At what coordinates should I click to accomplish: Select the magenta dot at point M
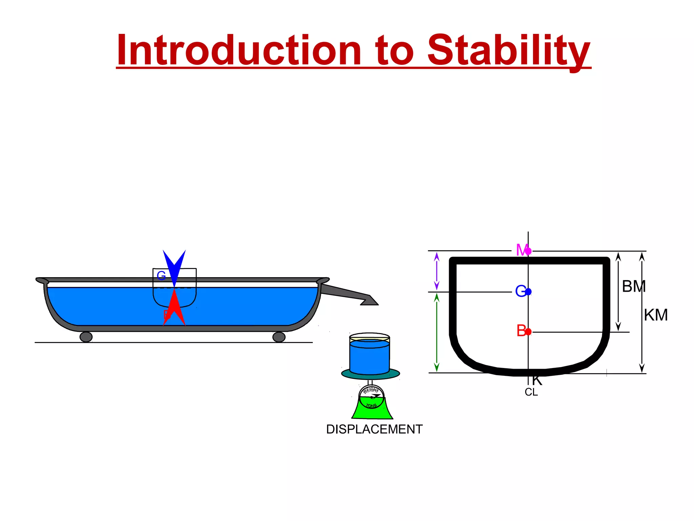click(528, 251)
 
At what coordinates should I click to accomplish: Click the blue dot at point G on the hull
click(528, 291)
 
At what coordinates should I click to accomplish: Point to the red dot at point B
click(528, 331)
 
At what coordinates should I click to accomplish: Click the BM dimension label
click(634, 287)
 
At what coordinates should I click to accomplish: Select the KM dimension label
click(656, 315)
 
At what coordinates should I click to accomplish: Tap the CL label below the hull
click(531, 392)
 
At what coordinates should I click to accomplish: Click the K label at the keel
click(537, 381)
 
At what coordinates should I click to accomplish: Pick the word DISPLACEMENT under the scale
click(374, 429)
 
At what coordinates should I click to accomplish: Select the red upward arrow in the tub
click(174, 309)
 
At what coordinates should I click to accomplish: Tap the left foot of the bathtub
click(86, 337)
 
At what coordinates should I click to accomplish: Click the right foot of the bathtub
click(279, 337)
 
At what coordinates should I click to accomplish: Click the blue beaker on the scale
click(369, 356)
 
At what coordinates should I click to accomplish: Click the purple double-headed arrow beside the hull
click(437, 271)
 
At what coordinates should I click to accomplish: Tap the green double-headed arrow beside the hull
click(437, 332)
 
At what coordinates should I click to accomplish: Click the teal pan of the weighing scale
click(370, 374)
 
